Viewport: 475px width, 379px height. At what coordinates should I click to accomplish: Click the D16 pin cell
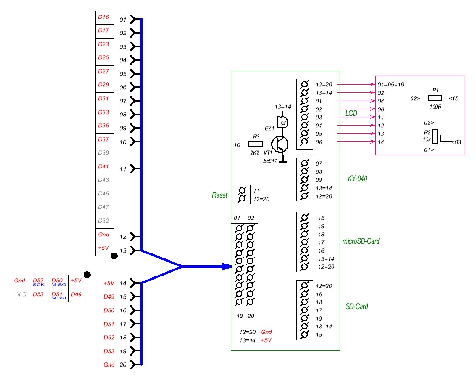click(x=104, y=17)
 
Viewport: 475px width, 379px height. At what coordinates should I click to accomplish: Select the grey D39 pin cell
click(x=104, y=153)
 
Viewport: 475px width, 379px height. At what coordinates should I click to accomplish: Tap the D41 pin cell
click(x=104, y=167)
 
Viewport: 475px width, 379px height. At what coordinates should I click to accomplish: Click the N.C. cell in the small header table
click(x=20, y=294)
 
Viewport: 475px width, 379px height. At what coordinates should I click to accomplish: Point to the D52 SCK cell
click(x=39, y=281)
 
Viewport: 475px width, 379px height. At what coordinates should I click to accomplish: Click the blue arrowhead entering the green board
click(x=226, y=266)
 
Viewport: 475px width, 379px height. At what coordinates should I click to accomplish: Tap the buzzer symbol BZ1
click(x=283, y=122)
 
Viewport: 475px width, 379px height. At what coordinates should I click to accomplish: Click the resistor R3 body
click(x=255, y=144)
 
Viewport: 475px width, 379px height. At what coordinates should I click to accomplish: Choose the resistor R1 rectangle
click(x=435, y=98)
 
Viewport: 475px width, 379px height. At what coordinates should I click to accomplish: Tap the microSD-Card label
click(x=361, y=241)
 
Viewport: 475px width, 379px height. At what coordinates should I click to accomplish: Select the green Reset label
click(x=220, y=195)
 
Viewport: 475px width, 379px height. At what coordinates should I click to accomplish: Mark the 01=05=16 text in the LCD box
click(x=390, y=85)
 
